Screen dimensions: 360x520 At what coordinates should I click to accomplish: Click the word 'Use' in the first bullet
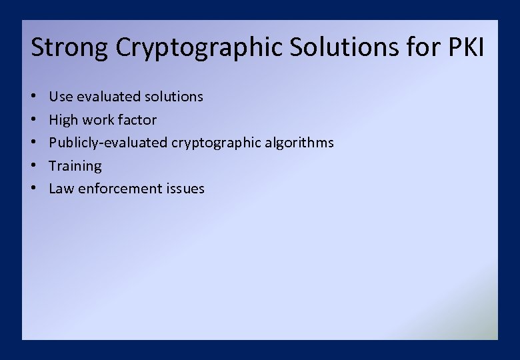[x=61, y=97]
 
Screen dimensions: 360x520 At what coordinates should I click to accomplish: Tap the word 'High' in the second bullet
[x=64, y=120]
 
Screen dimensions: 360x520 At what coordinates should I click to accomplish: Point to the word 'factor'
[x=137, y=120]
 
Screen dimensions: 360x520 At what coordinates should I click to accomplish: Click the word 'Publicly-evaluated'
[x=108, y=143]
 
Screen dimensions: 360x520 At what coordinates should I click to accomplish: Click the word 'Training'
[x=75, y=166]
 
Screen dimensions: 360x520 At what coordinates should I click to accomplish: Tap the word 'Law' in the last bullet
[x=61, y=189]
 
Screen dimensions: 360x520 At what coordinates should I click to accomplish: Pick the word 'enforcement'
[x=119, y=189]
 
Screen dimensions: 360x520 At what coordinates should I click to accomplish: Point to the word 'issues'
[x=184, y=189]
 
